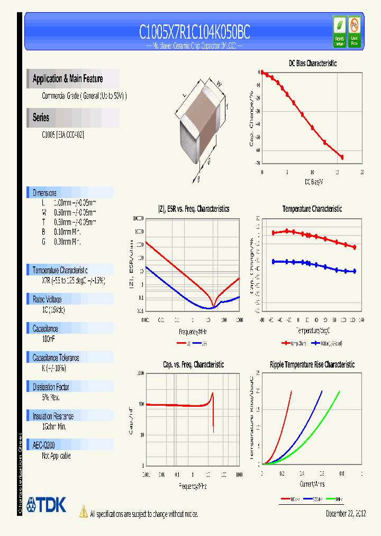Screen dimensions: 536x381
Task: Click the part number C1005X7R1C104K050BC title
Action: click(194, 33)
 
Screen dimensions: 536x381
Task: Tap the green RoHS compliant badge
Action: click(339, 31)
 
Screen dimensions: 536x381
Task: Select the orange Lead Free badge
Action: click(354, 31)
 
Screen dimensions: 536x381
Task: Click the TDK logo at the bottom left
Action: click(47, 504)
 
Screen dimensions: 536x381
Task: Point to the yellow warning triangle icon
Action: click(83, 511)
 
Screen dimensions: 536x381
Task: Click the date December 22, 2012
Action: click(344, 513)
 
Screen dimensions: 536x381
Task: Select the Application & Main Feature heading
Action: click(68, 79)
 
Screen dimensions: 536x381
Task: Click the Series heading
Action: click(41, 118)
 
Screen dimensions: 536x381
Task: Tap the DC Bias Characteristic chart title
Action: click(312, 63)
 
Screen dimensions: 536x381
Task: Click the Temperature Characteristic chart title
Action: click(312, 209)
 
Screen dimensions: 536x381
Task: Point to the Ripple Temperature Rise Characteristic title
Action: click(312, 365)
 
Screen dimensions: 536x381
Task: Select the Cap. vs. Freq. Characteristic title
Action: click(193, 365)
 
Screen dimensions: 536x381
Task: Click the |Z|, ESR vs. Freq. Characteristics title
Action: click(194, 209)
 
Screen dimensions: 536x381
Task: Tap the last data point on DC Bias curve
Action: click(342, 157)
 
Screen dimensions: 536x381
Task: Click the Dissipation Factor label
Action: click(51, 387)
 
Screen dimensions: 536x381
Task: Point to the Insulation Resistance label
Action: click(53, 416)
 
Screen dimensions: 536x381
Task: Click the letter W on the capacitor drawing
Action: click(219, 82)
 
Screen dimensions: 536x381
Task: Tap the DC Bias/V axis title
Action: click(313, 182)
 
